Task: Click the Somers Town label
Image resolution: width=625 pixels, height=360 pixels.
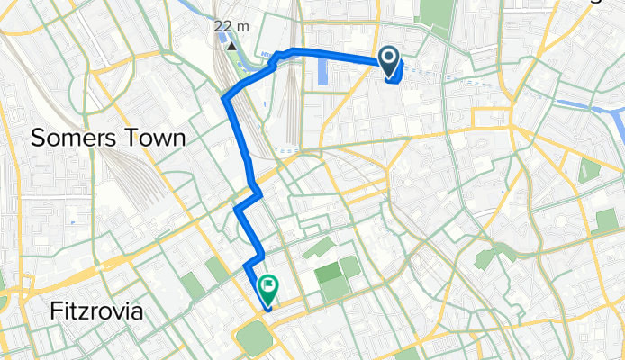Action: pyautogui.click(x=108, y=138)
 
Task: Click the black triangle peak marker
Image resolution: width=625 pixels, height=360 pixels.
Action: pyautogui.click(x=231, y=44)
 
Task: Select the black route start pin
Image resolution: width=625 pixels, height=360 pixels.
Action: pyautogui.click(x=390, y=61)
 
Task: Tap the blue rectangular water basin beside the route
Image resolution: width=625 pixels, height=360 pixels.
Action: pyautogui.click(x=322, y=74)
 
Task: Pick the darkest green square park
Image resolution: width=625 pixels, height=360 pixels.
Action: pyautogui.click(x=328, y=270)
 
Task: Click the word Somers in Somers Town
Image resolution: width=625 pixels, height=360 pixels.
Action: pyautogui.click(x=71, y=138)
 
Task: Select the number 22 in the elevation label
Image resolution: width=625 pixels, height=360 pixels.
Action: pyautogui.click(x=223, y=26)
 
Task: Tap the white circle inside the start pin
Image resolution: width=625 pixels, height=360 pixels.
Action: pyautogui.click(x=390, y=59)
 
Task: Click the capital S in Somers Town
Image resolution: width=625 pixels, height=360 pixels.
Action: pyautogui.click(x=39, y=138)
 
